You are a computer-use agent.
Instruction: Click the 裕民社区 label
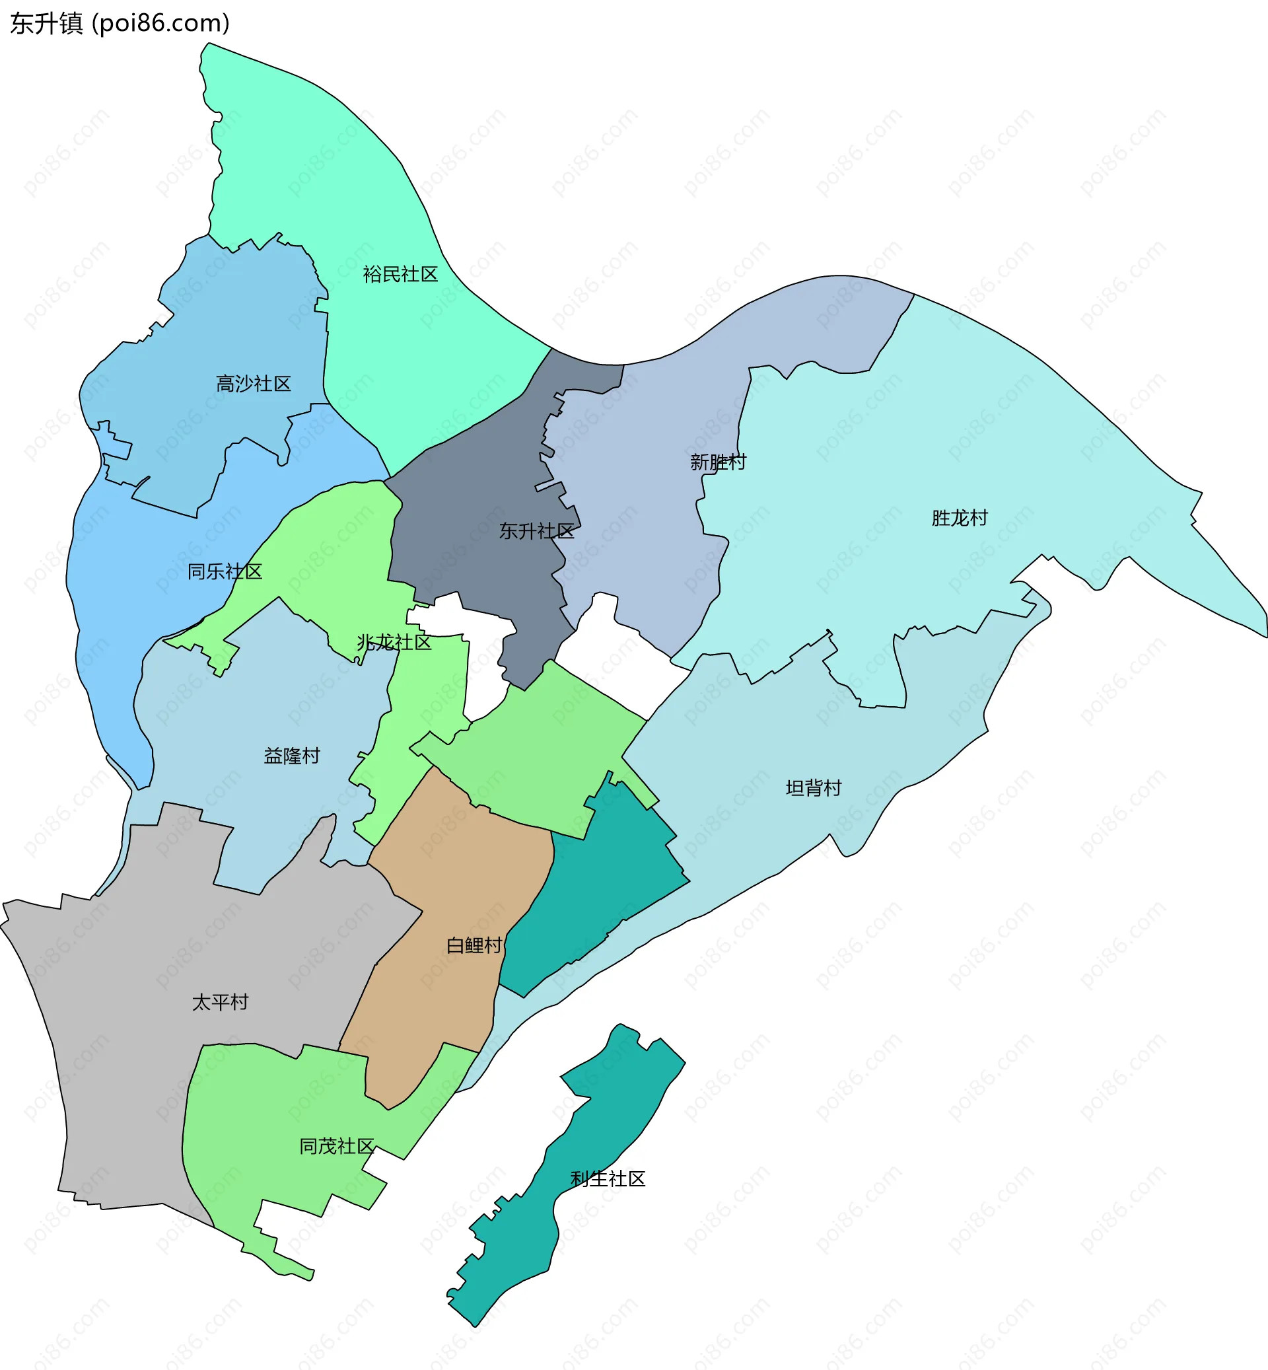click(400, 275)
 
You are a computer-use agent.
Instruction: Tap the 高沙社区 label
click(253, 384)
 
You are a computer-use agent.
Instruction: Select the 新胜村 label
click(718, 462)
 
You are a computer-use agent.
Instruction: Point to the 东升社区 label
click(536, 531)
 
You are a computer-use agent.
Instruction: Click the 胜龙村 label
click(959, 519)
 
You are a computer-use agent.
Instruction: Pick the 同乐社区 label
click(225, 572)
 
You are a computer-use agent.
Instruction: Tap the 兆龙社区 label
click(394, 643)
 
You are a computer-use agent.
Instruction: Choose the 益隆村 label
click(292, 756)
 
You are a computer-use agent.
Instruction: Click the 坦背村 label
click(813, 788)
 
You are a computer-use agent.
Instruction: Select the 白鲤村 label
click(474, 945)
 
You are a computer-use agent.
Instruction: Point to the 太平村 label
click(219, 1002)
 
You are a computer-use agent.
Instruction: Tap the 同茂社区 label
click(336, 1146)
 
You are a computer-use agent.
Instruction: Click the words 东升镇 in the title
click(46, 23)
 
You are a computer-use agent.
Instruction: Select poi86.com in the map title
click(160, 23)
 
